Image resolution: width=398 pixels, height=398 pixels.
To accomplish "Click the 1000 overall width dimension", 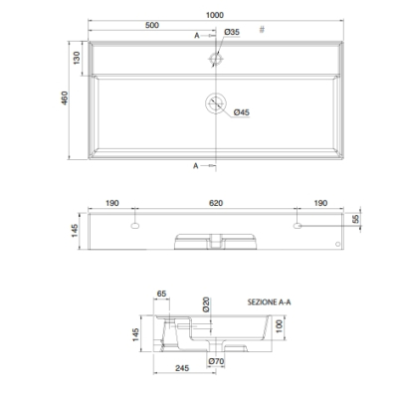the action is coord(215,15).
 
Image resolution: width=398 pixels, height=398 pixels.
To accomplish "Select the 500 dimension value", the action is coord(152,25).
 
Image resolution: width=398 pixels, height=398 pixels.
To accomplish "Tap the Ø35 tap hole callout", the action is coord(232,32).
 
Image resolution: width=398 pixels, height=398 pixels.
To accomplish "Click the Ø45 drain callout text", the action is coord(242,112).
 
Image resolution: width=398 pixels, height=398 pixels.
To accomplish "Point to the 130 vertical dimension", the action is coord(77,58).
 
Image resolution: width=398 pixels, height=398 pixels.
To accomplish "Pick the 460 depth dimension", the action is coord(65,99).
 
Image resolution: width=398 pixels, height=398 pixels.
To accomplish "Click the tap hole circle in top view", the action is coord(216,59).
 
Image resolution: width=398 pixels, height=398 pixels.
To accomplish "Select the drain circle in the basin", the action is coord(216,103).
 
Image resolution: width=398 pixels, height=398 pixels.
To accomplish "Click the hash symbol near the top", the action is coord(262,30).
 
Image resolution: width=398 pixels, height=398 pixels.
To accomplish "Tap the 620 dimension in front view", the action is coord(216,203).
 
